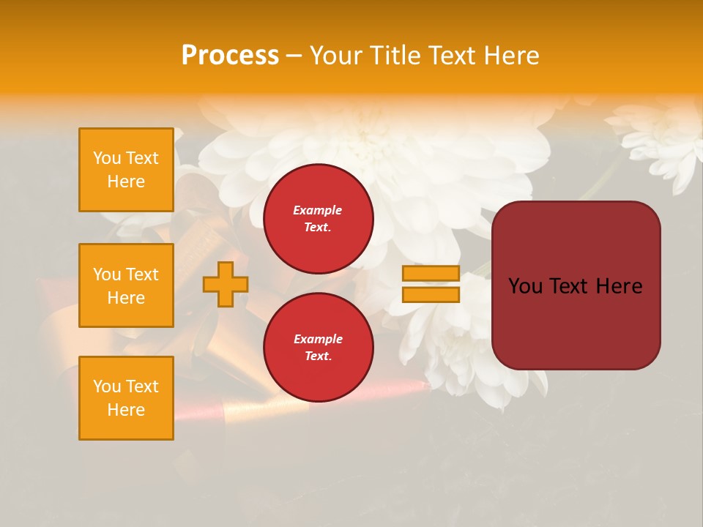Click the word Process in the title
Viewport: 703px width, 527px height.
point(230,56)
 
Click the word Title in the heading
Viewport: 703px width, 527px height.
point(395,56)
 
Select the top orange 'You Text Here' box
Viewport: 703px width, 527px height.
point(126,170)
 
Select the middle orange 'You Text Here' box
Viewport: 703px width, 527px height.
point(126,285)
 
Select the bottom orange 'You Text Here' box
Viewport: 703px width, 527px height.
point(126,398)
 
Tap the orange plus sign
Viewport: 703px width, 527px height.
point(225,285)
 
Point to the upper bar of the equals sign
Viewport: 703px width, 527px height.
point(431,274)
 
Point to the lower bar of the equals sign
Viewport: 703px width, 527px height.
point(431,295)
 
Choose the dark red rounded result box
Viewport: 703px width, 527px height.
point(576,322)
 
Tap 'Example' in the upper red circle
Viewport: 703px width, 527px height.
point(318,210)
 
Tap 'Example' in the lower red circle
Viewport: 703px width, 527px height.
point(318,339)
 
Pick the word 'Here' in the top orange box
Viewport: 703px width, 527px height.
point(126,182)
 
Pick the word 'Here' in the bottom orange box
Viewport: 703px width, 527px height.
point(126,410)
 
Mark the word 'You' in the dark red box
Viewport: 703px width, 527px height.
point(526,286)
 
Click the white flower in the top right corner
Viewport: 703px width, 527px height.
point(659,139)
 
